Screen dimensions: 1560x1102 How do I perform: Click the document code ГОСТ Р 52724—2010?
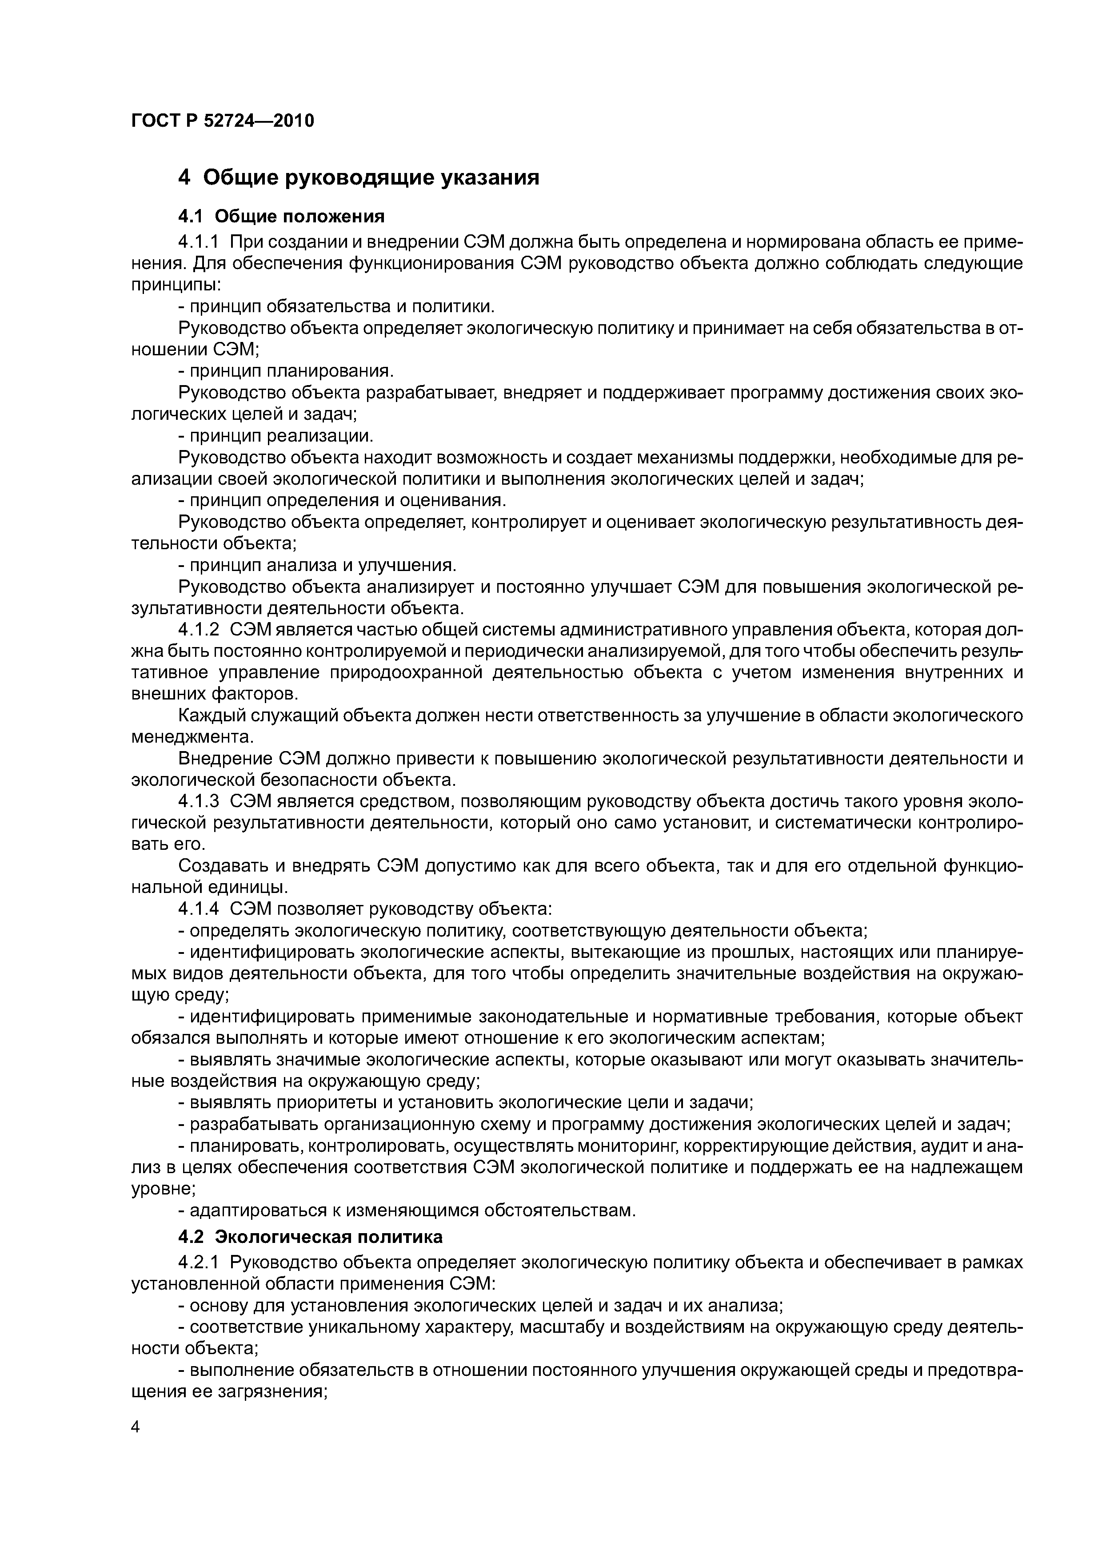(222, 121)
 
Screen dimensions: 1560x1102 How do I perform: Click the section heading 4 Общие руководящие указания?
(359, 178)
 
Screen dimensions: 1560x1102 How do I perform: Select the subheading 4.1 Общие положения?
(281, 217)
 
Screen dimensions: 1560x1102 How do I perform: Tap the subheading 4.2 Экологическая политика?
(310, 1237)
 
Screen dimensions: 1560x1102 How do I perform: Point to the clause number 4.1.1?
(198, 242)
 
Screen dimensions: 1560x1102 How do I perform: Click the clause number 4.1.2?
(198, 630)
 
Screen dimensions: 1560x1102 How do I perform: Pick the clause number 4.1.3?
(198, 802)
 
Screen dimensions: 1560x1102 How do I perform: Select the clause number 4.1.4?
(198, 909)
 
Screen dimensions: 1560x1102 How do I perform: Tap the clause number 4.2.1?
(198, 1263)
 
